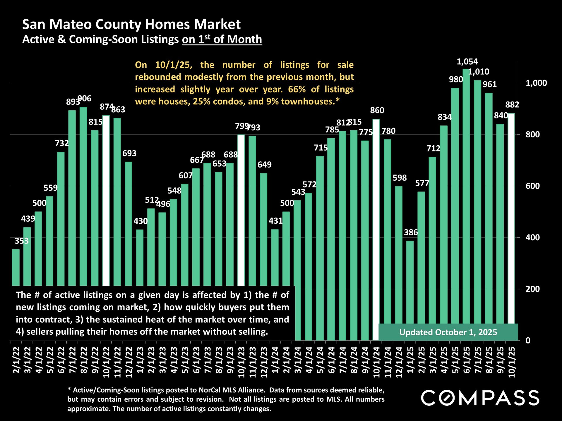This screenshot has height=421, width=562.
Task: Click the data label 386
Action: point(411,232)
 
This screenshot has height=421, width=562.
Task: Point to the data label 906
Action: point(84,99)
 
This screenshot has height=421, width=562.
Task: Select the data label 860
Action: point(377,111)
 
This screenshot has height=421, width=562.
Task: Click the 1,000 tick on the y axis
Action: point(536,83)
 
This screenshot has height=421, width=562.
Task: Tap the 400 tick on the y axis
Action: point(532,237)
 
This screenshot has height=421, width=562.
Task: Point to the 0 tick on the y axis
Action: point(528,340)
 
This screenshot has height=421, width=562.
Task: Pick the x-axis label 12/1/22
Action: point(129,362)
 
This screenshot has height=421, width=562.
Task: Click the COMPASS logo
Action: point(480,398)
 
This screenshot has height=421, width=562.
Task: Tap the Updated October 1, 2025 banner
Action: point(448,332)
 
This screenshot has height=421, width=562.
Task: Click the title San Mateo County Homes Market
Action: point(131,24)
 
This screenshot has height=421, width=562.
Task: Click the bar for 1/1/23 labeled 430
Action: point(140,257)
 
